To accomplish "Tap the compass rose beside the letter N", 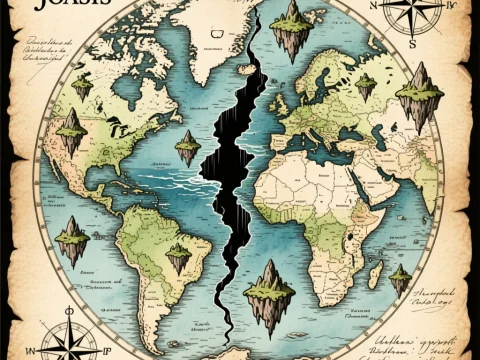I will click(413, 14).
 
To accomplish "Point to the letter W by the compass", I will click(32, 351).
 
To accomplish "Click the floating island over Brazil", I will click(178, 258).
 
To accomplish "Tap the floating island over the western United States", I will click(71, 135).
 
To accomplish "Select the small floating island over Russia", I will click(366, 86).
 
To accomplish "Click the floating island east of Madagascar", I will click(400, 277).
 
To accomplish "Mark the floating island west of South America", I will click(72, 240).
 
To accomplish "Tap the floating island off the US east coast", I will click(187, 147).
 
